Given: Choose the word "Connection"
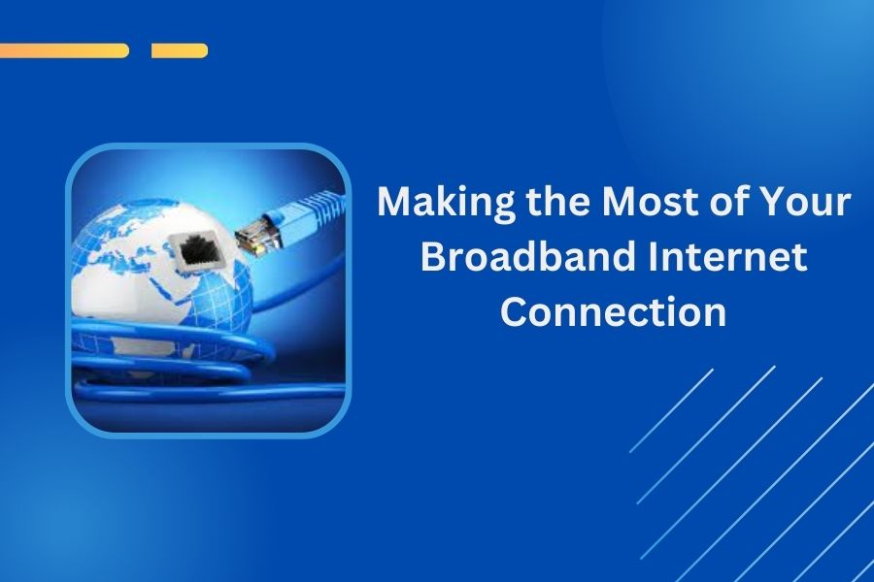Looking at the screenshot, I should click(615, 312).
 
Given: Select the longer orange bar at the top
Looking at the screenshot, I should click(64, 50).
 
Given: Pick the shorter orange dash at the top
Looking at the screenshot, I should click(180, 50).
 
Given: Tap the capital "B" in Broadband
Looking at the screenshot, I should click(435, 258).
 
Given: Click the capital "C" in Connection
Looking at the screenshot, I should click(517, 312).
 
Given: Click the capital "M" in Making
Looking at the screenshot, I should click(393, 204).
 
